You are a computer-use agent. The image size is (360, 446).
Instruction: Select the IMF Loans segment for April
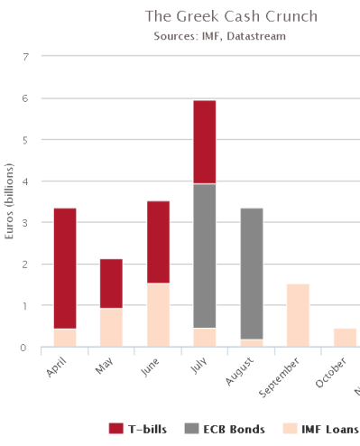point(65,337)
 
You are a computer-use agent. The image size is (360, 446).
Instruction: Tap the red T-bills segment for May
point(111,283)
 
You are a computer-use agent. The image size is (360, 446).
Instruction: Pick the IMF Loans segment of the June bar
point(158,314)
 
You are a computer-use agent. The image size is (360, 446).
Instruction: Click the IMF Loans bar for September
point(298,315)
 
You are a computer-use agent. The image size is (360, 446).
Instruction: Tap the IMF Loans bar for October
point(345,337)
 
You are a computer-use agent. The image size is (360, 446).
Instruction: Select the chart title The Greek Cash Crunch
point(231,17)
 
